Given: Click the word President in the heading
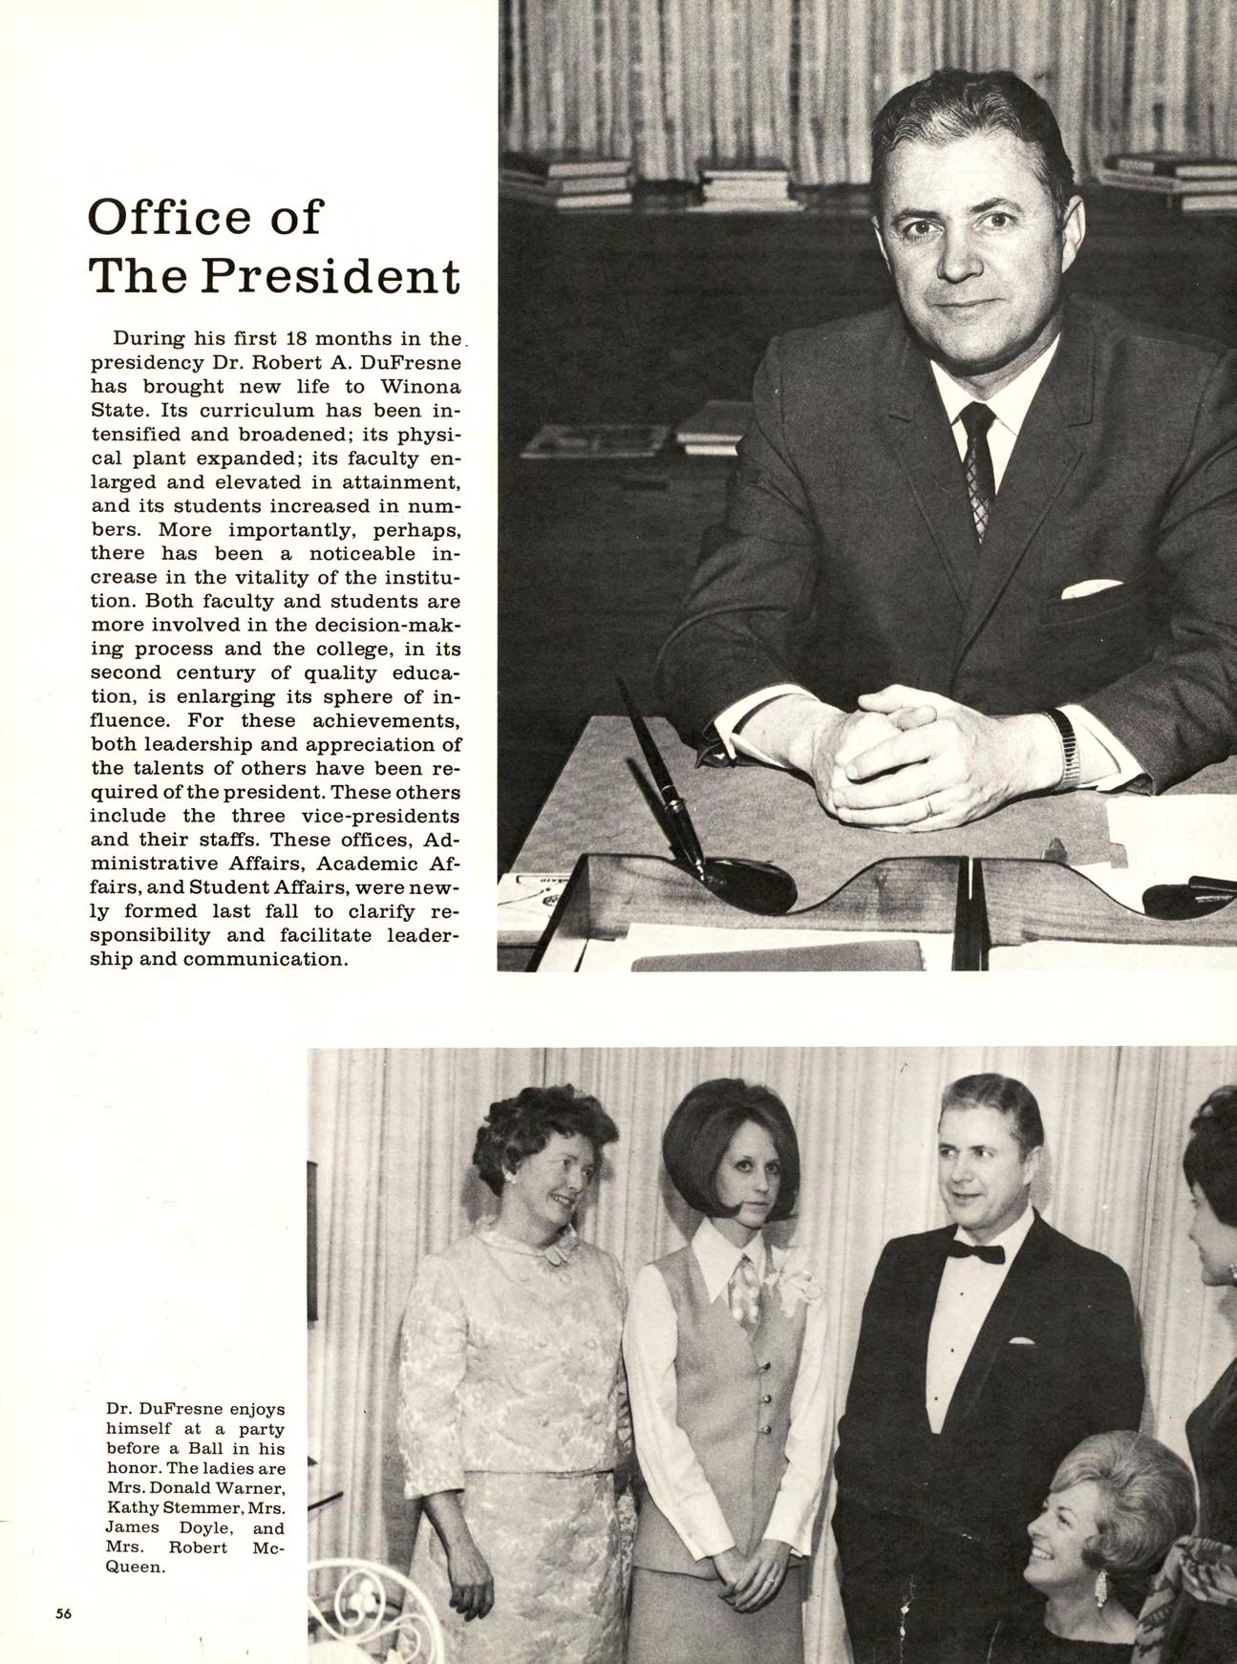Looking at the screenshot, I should point(328,276).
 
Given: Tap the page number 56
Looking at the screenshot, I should point(64,1614).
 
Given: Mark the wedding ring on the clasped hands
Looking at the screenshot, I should point(930,808).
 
